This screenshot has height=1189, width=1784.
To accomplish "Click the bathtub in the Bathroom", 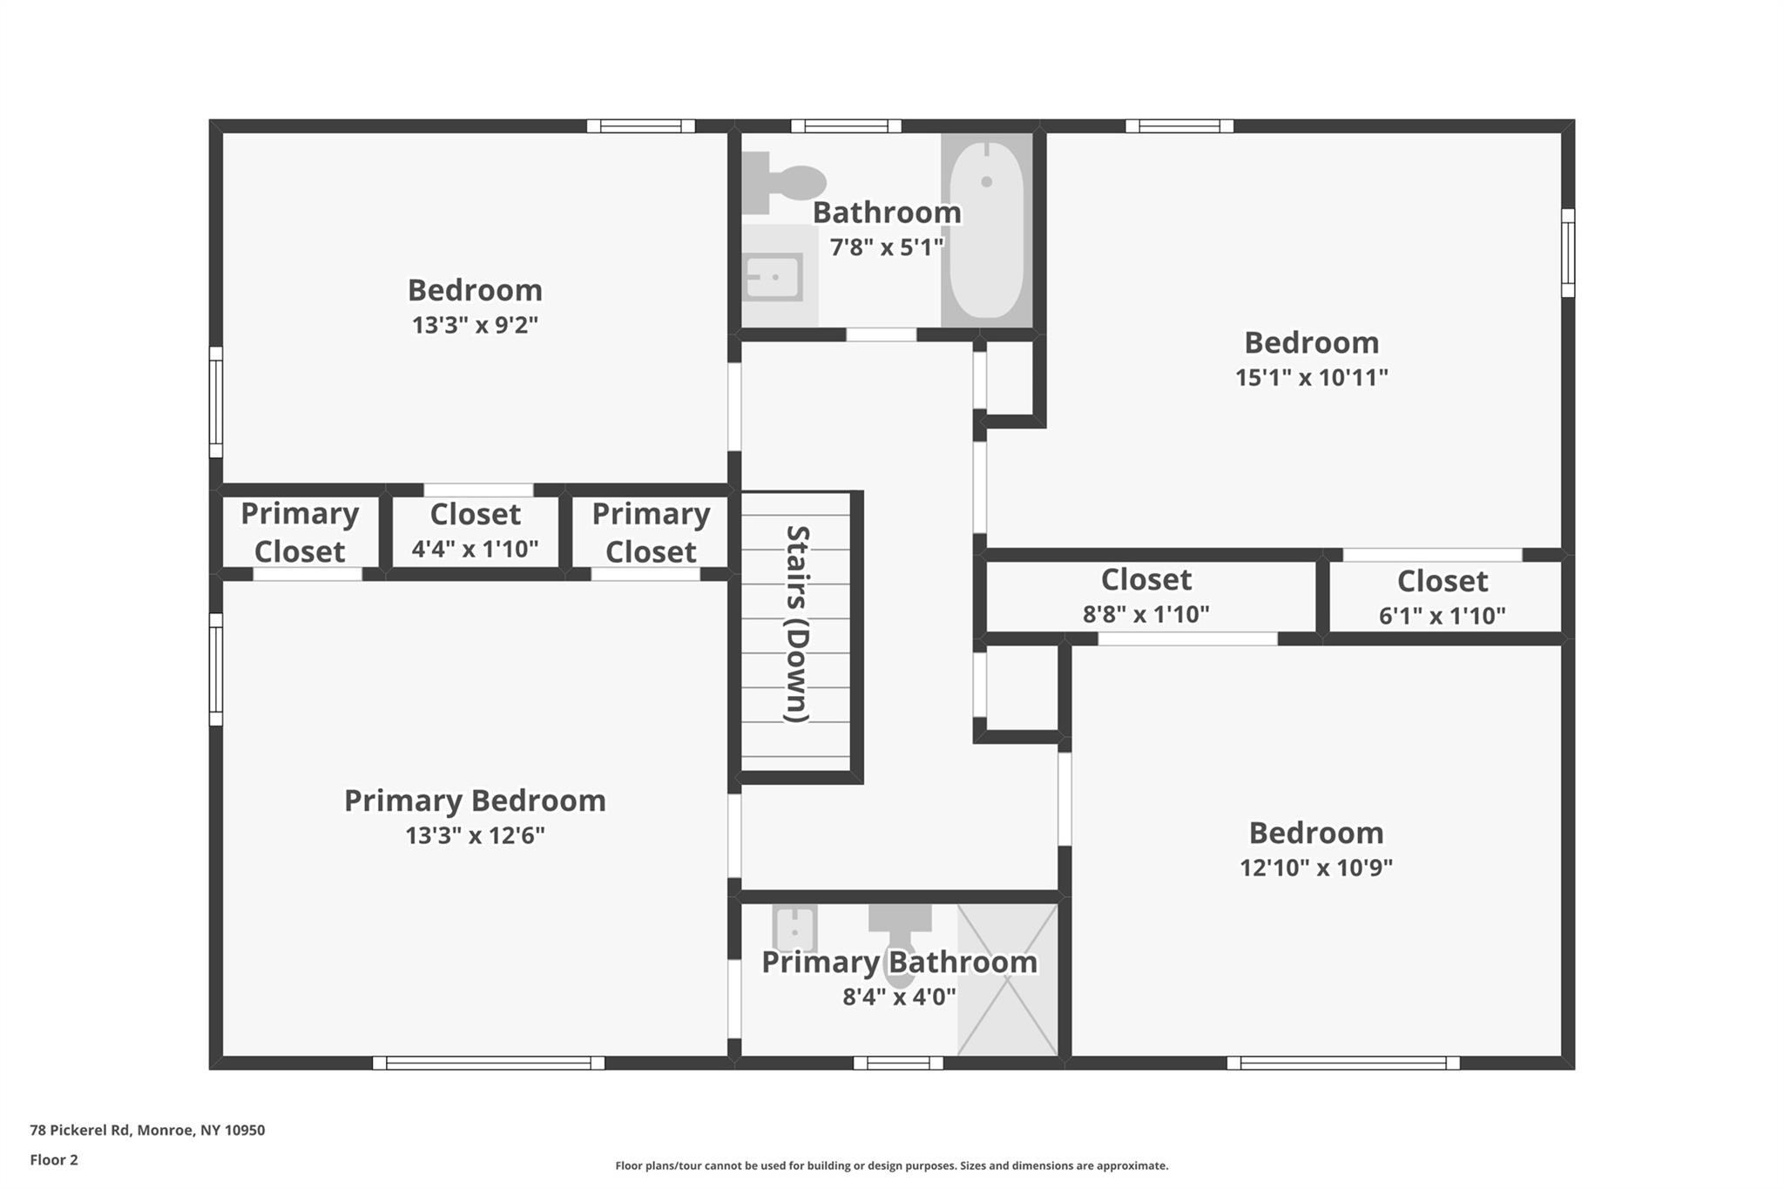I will pyautogui.click(x=986, y=231).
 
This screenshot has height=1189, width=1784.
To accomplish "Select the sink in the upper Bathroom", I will pyautogui.click(x=774, y=277).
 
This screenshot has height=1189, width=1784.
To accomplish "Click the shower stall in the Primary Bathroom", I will pyautogui.click(x=1008, y=980).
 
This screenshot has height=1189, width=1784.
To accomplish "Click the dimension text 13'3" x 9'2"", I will pyautogui.click(x=475, y=325).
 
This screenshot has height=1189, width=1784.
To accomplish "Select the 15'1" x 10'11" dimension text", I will pyautogui.click(x=1311, y=377).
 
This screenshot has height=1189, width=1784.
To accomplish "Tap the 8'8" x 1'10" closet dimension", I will pyautogui.click(x=1145, y=614).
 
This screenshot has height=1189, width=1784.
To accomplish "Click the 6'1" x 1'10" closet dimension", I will pyautogui.click(x=1442, y=616).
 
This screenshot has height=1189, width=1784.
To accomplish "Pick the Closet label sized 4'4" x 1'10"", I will pyautogui.click(x=475, y=514).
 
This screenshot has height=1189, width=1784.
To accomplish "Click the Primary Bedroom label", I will pyautogui.click(x=475, y=801).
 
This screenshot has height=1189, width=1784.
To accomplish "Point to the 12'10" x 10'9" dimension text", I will pyautogui.click(x=1315, y=868).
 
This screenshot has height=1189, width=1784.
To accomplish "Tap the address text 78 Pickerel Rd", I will pyautogui.click(x=147, y=1130).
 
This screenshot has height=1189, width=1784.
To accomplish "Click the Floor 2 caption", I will pyautogui.click(x=54, y=1159).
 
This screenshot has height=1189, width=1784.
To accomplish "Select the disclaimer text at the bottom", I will pyautogui.click(x=891, y=1165).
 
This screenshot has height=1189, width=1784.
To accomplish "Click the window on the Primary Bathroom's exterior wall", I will pyautogui.click(x=897, y=1063).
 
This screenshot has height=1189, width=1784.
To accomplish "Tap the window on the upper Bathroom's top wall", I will pyautogui.click(x=845, y=126).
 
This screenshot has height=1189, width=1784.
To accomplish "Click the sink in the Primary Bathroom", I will pyautogui.click(x=794, y=929).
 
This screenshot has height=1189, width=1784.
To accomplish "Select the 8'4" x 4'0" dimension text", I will pyautogui.click(x=899, y=996).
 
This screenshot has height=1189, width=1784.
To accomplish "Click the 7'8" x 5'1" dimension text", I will pyautogui.click(x=886, y=247).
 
